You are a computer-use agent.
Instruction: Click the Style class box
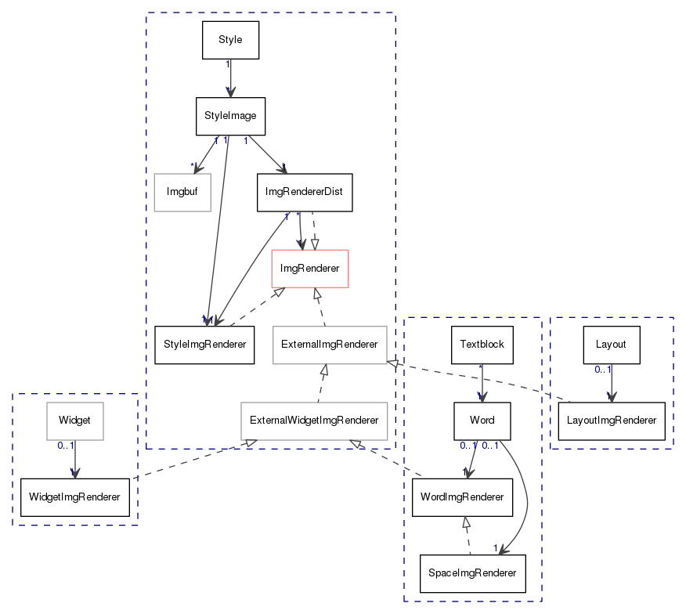[230, 40]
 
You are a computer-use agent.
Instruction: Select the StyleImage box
[230, 116]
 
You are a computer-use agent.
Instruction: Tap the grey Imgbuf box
[182, 192]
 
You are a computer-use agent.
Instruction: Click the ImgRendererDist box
[305, 192]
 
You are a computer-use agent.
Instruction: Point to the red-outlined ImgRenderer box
[310, 269]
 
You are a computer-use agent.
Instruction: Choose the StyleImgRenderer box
[204, 345]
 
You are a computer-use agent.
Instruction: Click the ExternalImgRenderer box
[330, 345]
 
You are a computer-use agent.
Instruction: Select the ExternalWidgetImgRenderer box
[314, 421]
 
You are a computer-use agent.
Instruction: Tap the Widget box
[75, 421]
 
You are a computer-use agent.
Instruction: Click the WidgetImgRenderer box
[75, 497]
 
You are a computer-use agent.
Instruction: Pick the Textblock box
[482, 345]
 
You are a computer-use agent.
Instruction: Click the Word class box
[482, 421]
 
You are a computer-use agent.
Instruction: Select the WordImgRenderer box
[462, 497]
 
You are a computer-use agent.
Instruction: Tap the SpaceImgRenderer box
[472, 574]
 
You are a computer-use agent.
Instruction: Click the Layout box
[612, 345]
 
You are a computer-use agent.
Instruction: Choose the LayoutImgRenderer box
[612, 421]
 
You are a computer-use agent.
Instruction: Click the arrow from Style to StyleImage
[230, 78]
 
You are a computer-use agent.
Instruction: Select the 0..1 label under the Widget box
[66, 446]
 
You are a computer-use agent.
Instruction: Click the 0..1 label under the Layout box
[603, 370]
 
